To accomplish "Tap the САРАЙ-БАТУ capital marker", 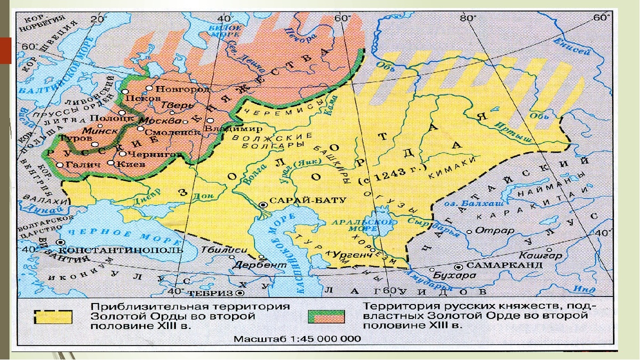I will click(x=263, y=205).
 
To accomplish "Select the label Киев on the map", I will click(x=131, y=164).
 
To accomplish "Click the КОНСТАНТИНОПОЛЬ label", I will click(x=120, y=250).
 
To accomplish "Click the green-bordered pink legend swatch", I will click(x=326, y=315).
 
